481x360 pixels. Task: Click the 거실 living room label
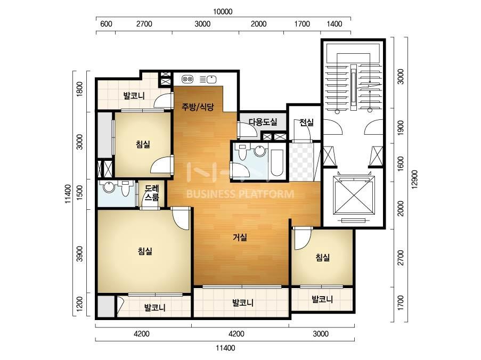(x=240, y=237)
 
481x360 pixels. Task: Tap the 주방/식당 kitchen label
(x=198, y=107)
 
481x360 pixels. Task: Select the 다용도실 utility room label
(x=263, y=122)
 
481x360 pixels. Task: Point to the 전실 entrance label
(x=306, y=122)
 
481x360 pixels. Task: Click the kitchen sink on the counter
(x=211, y=79)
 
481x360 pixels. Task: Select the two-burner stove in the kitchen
(x=187, y=79)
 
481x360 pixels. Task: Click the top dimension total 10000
(x=223, y=12)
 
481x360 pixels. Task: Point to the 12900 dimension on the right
(x=414, y=179)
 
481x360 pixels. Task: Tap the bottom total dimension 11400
(x=225, y=348)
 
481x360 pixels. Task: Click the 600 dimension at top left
(x=106, y=24)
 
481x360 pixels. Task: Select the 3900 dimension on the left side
(x=79, y=254)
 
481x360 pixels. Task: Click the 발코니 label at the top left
(x=134, y=96)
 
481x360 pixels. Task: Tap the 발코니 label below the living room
(x=243, y=303)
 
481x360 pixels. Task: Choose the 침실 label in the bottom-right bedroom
(x=323, y=257)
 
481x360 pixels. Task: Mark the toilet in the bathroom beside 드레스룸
(x=125, y=189)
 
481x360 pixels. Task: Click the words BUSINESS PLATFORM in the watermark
(x=240, y=194)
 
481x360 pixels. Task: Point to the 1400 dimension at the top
(x=335, y=24)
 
